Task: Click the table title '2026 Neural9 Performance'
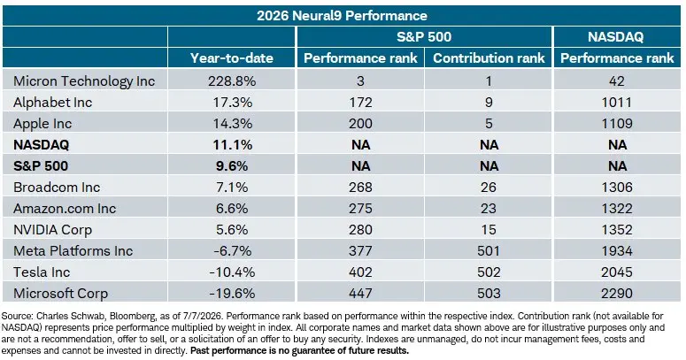coord(342,16)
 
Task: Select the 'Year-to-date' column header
coord(231,58)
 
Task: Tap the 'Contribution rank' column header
coord(489,58)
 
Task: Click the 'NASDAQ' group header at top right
coord(615,37)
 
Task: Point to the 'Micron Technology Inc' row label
coord(84,81)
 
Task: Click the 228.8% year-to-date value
coord(232,81)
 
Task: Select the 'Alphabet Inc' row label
coord(52,103)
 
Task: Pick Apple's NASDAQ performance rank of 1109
coord(617,123)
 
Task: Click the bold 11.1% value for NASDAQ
coord(232,145)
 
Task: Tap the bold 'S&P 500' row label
coord(41,166)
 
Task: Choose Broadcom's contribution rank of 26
coord(489,188)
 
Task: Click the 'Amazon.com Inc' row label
coord(65,209)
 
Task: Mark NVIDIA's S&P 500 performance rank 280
coord(360,230)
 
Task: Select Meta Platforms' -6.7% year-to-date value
coord(232,251)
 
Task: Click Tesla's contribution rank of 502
coord(489,272)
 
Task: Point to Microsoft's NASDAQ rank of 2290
coord(617,294)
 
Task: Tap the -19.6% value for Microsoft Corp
coord(232,294)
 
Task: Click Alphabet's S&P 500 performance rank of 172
coord(360,103)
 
